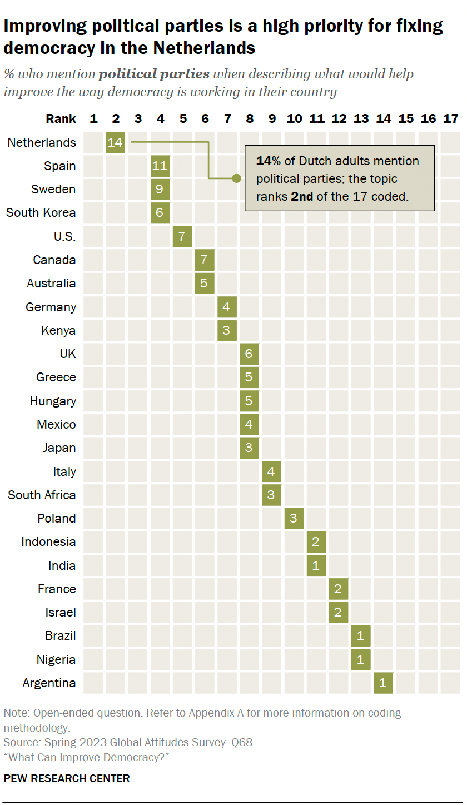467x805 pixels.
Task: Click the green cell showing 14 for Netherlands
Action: point(115,142)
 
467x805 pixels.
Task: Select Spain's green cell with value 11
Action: point(160,166)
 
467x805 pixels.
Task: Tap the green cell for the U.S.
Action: point(182,236)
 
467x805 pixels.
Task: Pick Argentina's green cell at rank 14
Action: point(383,683)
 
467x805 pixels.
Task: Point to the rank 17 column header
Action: point(450,118)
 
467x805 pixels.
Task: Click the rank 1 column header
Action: point(93,118)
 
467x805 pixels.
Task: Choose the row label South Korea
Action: point(41,213)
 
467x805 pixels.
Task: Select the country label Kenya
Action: point(58,330)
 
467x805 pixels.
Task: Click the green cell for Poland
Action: point(294,518)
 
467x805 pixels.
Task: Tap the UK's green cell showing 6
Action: point(249,354)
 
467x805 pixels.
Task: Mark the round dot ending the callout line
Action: point(236,178)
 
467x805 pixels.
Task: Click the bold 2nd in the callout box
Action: point(302,196)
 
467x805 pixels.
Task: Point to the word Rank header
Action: point(61,118)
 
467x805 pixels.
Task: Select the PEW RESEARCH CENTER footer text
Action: point(67,778)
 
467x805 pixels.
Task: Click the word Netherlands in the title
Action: point(204,48)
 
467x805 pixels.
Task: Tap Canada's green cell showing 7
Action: point(204,260)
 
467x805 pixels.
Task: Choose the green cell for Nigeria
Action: point(361,659)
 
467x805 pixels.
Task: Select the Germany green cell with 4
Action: point(227,307)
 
